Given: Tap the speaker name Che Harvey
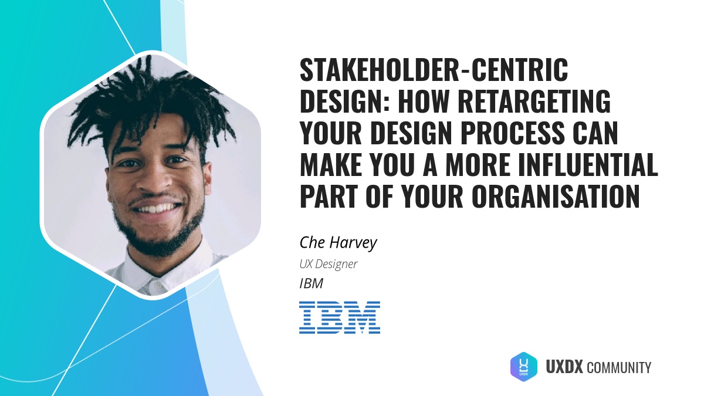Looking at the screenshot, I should pyautogui.click(x=338, y=242).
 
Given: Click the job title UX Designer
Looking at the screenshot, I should pyautogui.click(x=329, y=264).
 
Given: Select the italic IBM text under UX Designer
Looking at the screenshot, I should pyautogui.click(x=312, y=284).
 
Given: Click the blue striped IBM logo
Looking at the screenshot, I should pyautogui.click(x=340, y=317).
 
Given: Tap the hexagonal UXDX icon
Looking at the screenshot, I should pyautogui.click(x=523, y=367).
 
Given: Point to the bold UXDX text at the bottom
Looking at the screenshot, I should pyautogui.click(x=564, y=368).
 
